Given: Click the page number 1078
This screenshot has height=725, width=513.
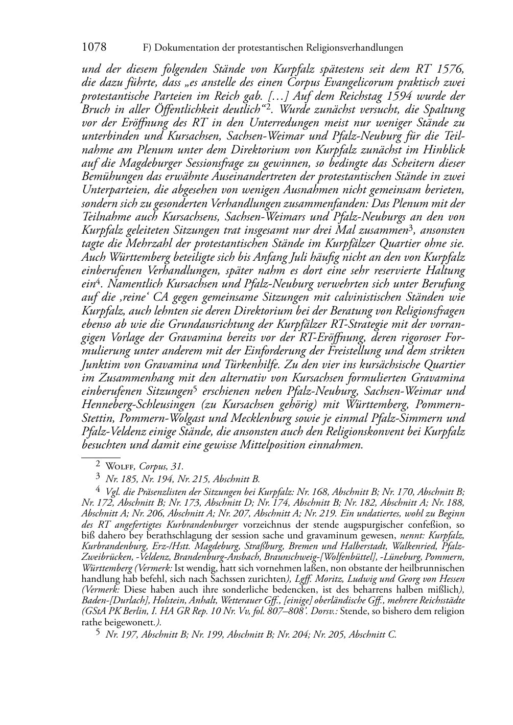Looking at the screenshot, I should tap(94, 48).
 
